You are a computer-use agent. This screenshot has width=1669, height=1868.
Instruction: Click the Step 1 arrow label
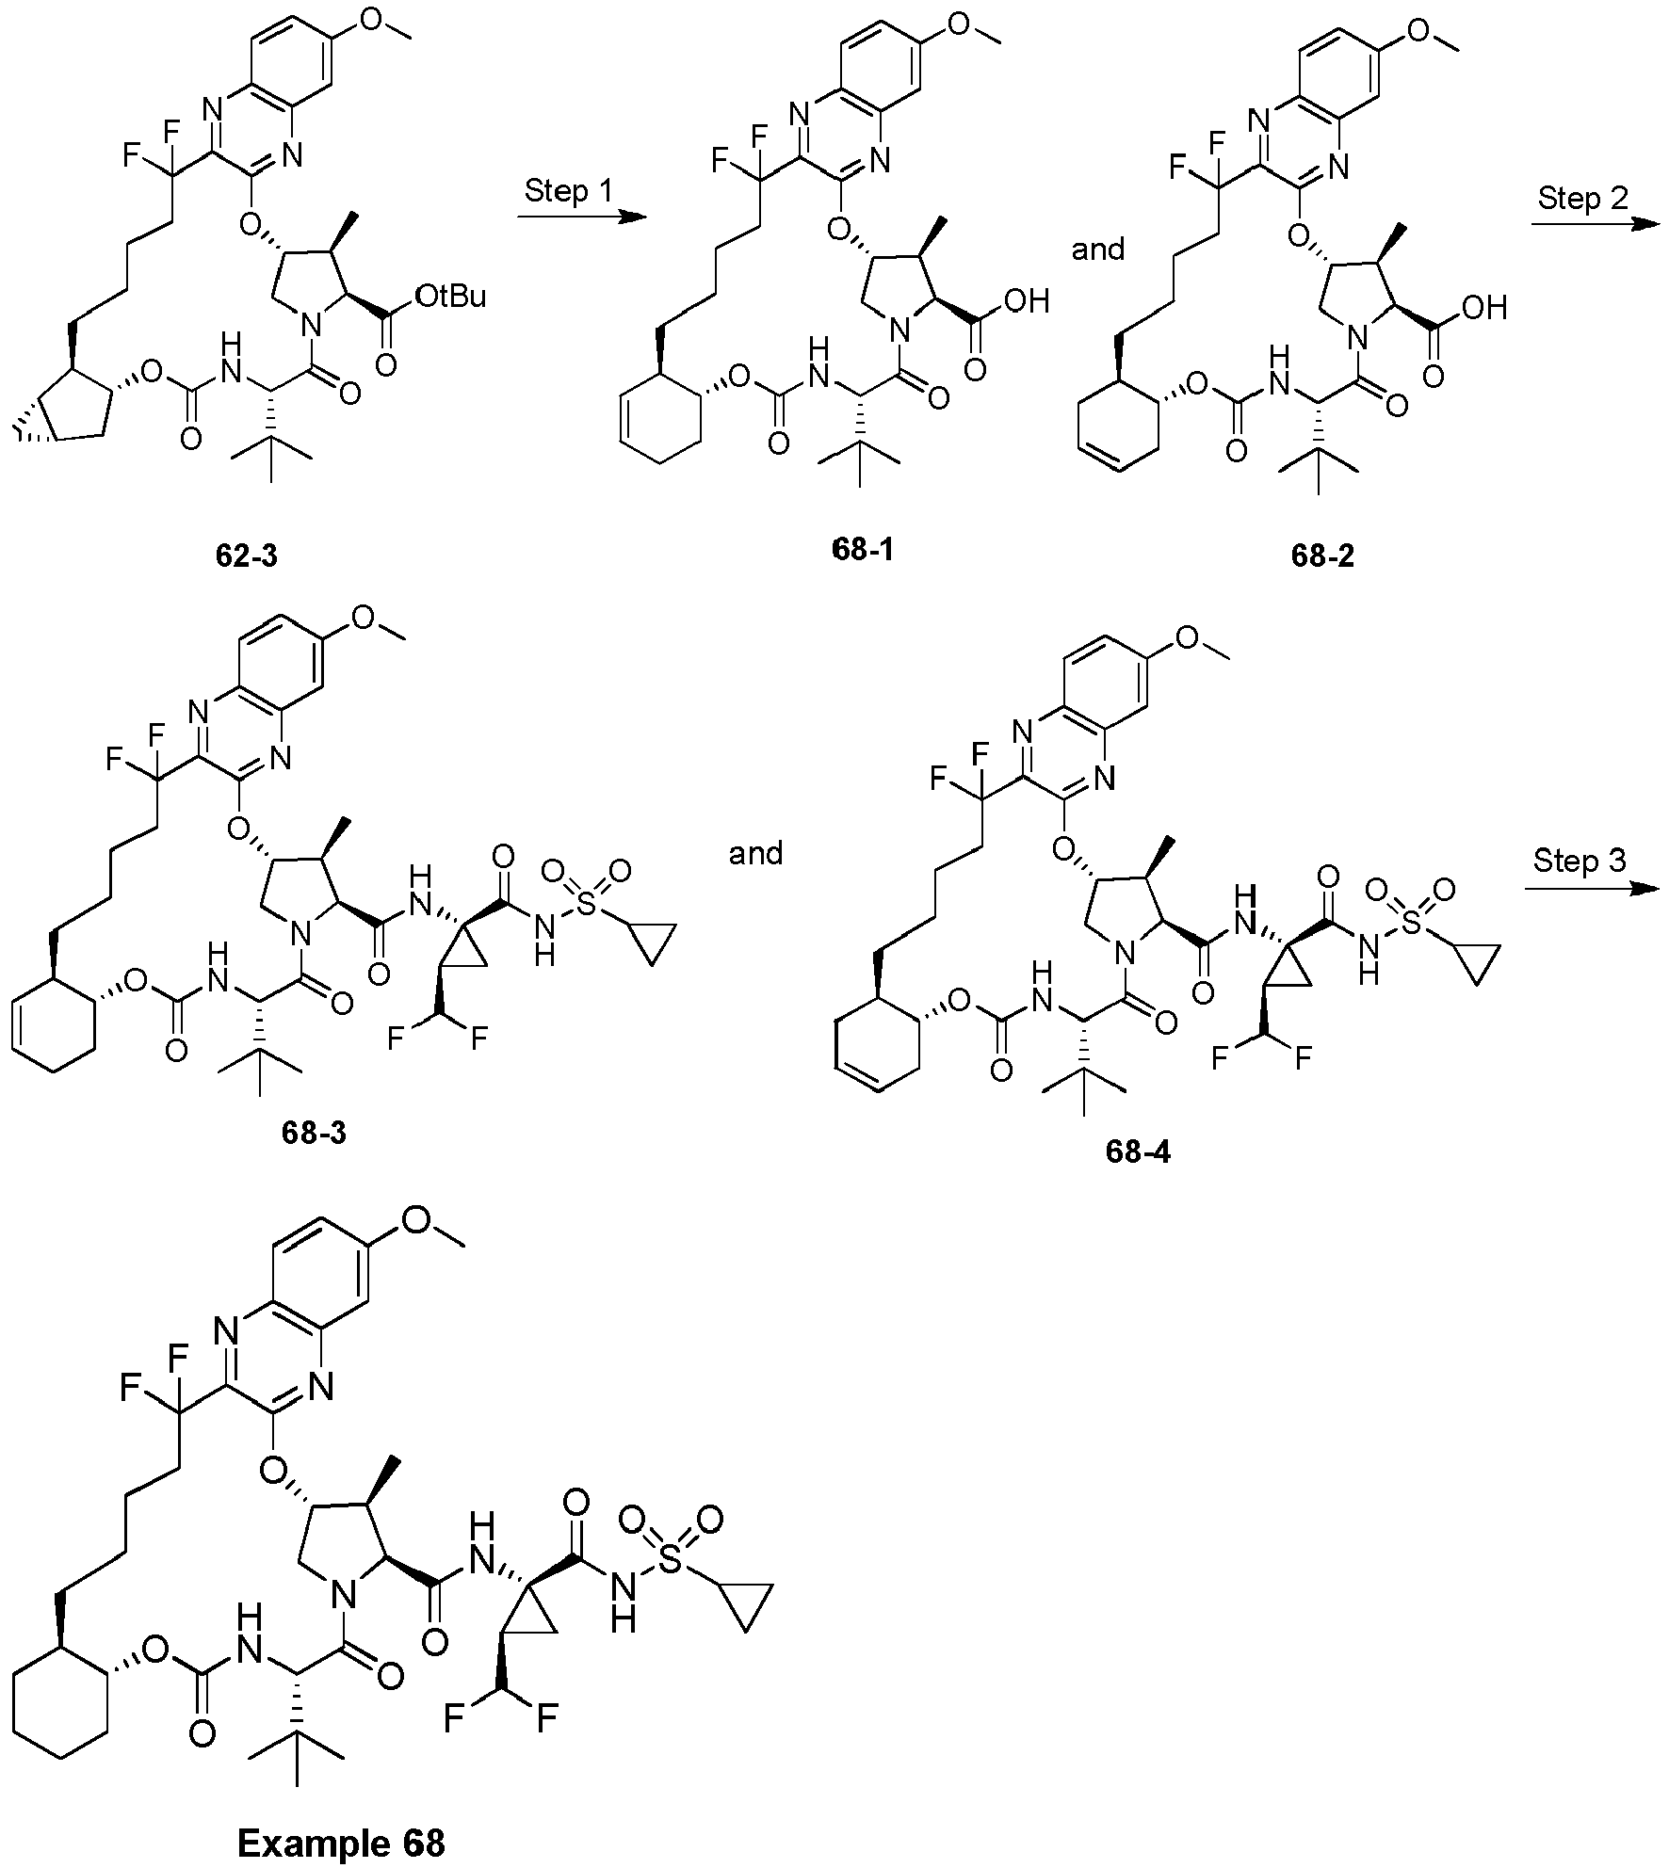[568, 192]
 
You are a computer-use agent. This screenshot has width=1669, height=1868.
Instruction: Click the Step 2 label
[1582, 199]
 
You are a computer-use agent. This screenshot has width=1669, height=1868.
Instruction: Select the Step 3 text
[1580, 862]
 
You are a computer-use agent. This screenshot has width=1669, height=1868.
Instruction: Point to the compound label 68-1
[863, 550]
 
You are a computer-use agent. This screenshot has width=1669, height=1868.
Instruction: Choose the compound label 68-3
[314, 1133]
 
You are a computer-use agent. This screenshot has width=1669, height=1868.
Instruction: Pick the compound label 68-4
[1139, 1152]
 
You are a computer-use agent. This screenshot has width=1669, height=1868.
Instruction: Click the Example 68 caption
[341, 1841]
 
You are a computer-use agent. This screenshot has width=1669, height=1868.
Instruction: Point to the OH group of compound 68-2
[1484, 308]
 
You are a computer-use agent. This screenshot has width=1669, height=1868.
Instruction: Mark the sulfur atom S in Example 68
[670, 1562]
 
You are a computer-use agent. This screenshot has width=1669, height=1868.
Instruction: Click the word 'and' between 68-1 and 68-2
[1099, 250]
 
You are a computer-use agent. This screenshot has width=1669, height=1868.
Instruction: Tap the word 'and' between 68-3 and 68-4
[756, 854]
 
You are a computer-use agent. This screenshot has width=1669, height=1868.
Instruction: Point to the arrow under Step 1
[581, 217]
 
